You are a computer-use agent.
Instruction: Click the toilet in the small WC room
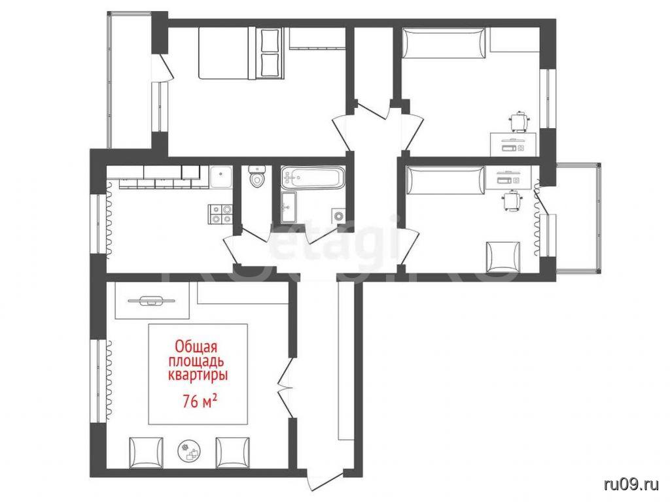[x=257, y=176]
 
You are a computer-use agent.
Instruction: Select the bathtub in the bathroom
[x=312, y=177]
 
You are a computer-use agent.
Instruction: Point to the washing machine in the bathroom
[x=338, y=216]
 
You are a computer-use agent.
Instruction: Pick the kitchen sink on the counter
[x=221, y=176]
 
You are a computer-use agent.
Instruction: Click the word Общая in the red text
[x=197, y=345]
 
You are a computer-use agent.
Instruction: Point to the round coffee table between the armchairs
[x=189, y=450]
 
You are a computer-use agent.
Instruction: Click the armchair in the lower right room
[x=503, y=257]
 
